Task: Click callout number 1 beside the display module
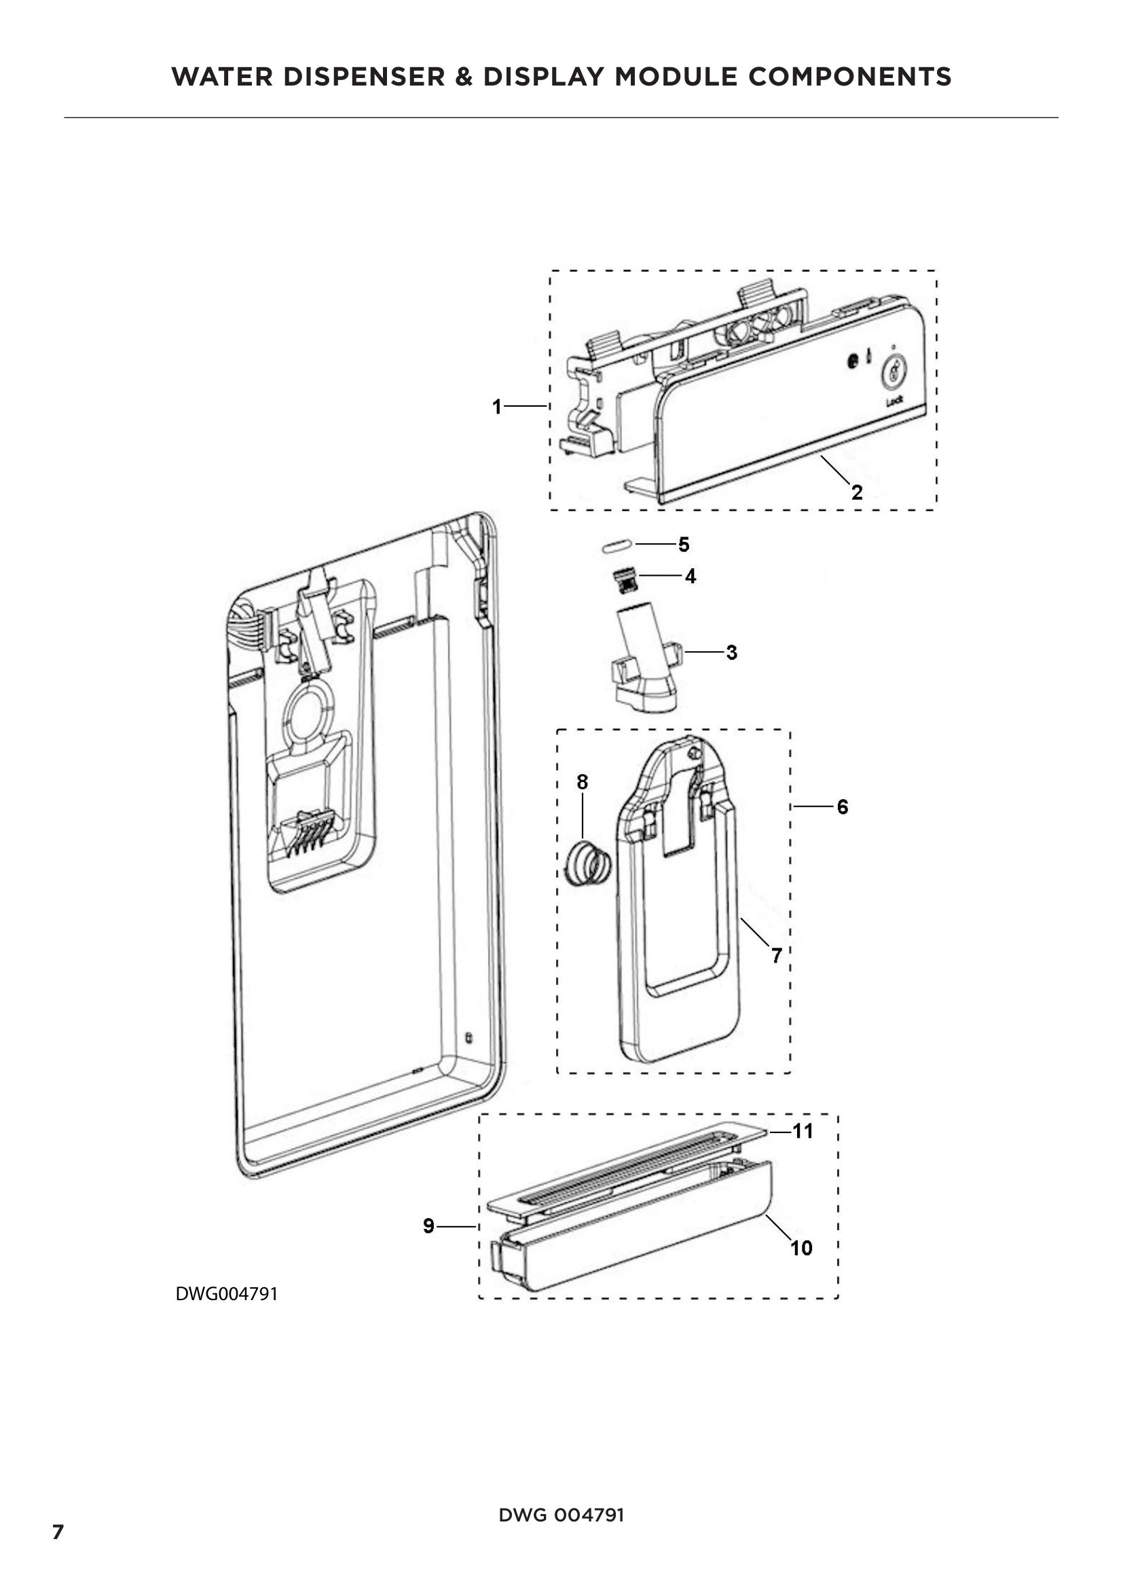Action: [x=496, y=407]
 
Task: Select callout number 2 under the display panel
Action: [x=857, y=492]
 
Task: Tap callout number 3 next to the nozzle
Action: [x=732, y=652]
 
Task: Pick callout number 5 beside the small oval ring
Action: [x=683, y=544]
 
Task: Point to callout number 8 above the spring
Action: [x=583, y=782]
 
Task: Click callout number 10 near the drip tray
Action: [x=801, y=1248]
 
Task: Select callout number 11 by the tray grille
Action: [x=802, y=1131]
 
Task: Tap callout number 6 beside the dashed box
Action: [x=842, y=807]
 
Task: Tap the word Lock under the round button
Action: [x=894, y=401]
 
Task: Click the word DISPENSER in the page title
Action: [x=364, y=77]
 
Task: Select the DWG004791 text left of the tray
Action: [x=226, y=1294]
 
